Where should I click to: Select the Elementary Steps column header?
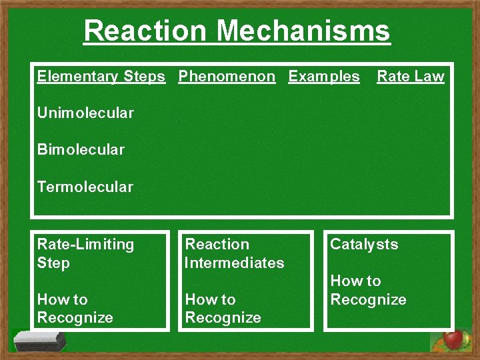[x=101, y=77]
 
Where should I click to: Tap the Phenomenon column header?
[x=227, y=77]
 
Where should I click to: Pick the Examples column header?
[x=323, y=77]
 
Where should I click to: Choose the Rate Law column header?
[x=410, y=77]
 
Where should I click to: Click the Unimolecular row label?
[x=85, y=113]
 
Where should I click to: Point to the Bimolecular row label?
[x=81, y=149]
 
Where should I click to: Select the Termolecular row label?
[x=85, y=187]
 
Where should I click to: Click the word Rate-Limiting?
[x=85, y=245]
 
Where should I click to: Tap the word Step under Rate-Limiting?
[x=53, y=263]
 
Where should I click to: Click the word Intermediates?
[x=234, y=263]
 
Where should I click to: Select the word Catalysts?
[x=364, y=245]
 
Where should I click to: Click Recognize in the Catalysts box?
[x=368, y=299]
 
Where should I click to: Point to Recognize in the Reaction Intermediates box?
[x=223, y=318]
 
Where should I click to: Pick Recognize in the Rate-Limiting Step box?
[x=75, y=318]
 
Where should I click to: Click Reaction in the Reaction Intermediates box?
[x=217, y=245]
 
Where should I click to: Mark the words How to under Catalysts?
[x=355, y=281]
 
